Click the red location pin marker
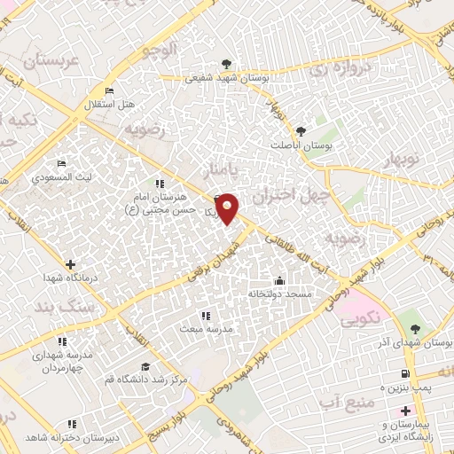click(x=228, y=208)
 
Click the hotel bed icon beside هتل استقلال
click(x=109, y=91)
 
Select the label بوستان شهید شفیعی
click(x=227, y=78)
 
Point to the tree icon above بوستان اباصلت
click(x=300, y=131)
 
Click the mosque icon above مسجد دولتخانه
click(x=280, y=280)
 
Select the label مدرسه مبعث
click(x=207, y=328)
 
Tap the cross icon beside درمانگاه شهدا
click(x=70, y=263)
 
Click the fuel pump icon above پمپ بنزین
click(x=406, y=375)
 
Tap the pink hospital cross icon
click(x=406, y=411)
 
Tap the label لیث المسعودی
click(x=61, y=177)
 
